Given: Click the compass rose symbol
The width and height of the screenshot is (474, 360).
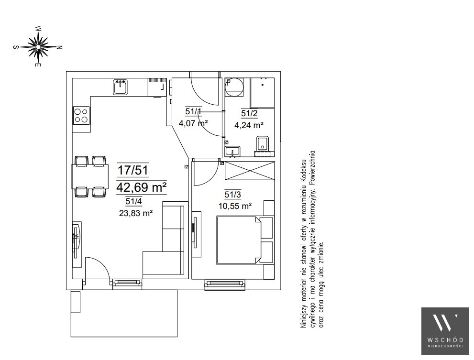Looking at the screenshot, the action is tap(38, 47).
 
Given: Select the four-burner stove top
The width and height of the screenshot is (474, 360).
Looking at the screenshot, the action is tap(81, 116).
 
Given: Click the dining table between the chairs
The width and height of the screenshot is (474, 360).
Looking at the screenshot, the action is tap(90, 176).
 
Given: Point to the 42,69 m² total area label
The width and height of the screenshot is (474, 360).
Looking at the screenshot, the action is tap(142, 187).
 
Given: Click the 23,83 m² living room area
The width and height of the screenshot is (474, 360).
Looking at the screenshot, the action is tap(136, 213).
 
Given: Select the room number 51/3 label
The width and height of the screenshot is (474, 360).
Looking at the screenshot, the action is tap(233, 195).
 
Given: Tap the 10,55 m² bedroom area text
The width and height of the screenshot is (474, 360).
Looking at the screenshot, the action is tap(235, 206).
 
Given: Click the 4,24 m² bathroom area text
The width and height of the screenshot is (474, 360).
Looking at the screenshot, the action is tap(249, 125).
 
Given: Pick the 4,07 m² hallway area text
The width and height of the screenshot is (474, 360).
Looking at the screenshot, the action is tap(193, 123).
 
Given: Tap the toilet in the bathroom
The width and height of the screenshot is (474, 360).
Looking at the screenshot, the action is tap(263, 143).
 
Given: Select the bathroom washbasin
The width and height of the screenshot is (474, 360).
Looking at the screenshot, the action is tap(233, 151).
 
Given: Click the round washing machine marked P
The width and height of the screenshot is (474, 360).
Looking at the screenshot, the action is tap(234, 87).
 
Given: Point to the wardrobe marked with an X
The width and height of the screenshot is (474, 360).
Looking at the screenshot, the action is tap(250, 171).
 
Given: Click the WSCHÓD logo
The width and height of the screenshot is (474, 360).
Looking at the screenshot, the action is tap(445, 331).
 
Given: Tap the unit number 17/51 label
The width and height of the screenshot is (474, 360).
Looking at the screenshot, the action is tap(132, 170).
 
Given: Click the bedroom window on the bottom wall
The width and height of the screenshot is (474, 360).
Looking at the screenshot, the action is tap(225, 285).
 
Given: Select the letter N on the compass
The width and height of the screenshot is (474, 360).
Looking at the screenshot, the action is tap(60, 47).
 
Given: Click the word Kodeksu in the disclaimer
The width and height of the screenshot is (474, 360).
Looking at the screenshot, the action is tap(304, 170).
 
